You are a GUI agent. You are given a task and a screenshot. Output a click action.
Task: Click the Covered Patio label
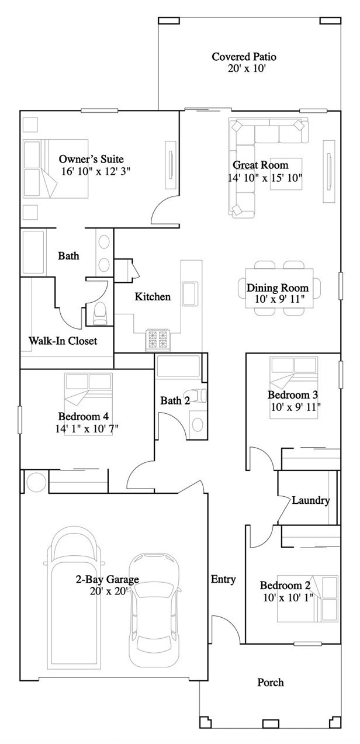(244, 57)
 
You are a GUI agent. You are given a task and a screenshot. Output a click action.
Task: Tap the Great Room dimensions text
(265, 178)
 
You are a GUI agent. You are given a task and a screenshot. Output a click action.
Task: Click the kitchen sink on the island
(190, 293)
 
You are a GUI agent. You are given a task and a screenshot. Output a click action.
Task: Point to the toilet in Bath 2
(198, 395)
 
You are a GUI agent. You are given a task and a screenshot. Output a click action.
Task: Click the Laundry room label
(311, 500)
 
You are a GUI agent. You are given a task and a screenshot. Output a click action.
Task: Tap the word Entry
(223, 579)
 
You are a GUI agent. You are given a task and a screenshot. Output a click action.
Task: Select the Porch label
(271, 683)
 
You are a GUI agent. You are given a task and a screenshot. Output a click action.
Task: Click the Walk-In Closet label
(63, 341)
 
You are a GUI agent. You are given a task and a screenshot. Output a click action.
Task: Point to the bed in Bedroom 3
(294, 387)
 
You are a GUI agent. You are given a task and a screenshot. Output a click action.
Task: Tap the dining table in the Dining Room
(279, 288)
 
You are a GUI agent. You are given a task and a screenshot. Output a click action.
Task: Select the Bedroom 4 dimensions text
(86, 429)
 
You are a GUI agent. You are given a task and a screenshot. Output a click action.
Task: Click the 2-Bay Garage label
(108, 580)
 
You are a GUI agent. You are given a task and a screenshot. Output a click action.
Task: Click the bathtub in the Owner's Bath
(33, 252)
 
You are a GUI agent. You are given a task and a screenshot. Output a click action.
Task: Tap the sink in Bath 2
(198, 424)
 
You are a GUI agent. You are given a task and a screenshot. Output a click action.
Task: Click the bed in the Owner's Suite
(56, 169)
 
